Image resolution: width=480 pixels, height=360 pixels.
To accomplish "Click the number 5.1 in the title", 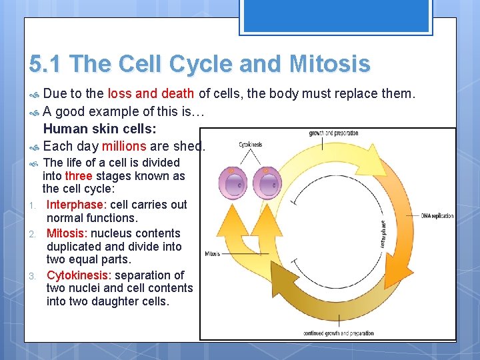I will point(45,64).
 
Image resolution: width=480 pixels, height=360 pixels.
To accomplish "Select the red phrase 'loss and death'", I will point(151,93).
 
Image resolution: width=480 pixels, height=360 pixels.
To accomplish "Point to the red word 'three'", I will point(79,176).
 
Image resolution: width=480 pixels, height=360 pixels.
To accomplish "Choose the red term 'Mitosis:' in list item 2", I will point(67,233).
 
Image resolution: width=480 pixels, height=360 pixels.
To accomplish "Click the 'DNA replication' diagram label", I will point(437,216).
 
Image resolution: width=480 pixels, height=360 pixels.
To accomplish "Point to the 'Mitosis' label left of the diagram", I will point(213,254).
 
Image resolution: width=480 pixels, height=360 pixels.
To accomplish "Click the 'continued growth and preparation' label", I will point(338,333).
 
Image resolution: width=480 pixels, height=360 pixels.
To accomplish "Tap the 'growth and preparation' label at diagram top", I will point(333,133).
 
